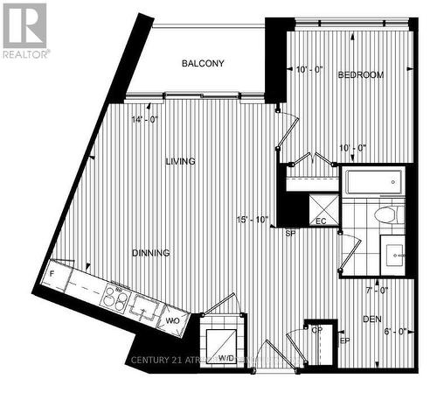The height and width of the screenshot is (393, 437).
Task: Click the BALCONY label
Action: coord(203,63)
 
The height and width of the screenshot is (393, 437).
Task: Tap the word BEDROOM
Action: coord(361,75)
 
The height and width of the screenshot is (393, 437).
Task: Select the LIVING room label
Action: coord(180,161)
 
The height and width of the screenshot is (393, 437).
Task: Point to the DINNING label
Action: coord(151,253)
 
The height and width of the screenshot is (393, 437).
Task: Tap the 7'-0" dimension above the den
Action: coord(376,289)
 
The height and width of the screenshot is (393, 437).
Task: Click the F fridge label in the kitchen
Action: coord(53,273)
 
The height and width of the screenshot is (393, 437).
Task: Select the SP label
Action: coord(290,234)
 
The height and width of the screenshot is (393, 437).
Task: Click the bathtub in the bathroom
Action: coord(372,184)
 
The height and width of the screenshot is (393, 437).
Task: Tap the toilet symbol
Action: coord(385,214)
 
